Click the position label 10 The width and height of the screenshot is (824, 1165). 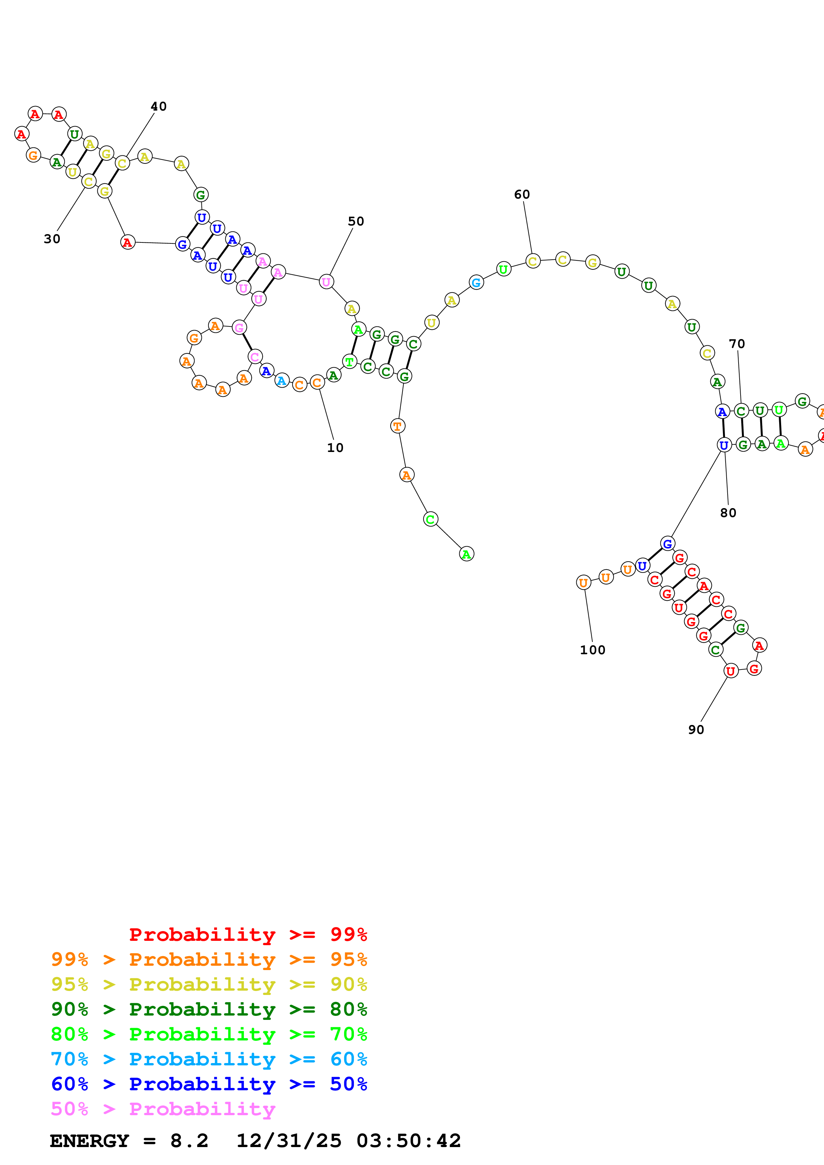click(x=335, y=448)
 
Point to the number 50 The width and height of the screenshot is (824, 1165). click(x=356, y=221)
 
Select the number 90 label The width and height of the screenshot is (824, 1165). click(x=696, y=730)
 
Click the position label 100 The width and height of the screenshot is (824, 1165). click(x=592, y=650)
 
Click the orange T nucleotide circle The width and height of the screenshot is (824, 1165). click(x=398, y=426)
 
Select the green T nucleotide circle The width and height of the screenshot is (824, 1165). click(x=349, y=362)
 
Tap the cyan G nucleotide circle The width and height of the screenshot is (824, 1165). click(x=476, y=283)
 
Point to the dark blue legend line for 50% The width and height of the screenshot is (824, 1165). click(x=209, y=1084)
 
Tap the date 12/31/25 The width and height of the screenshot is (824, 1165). click(x=289, y=1141)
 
